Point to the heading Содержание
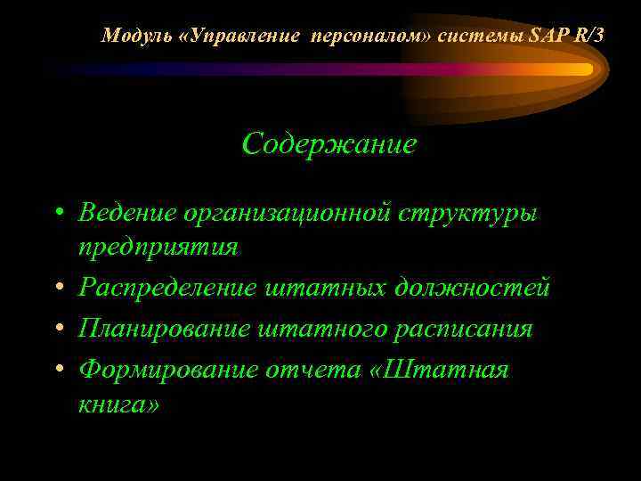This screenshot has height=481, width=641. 329,143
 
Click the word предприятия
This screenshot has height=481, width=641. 158,247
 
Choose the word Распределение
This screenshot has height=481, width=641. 166,289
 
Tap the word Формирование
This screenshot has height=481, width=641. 167,370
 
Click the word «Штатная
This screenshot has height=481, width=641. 438,370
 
